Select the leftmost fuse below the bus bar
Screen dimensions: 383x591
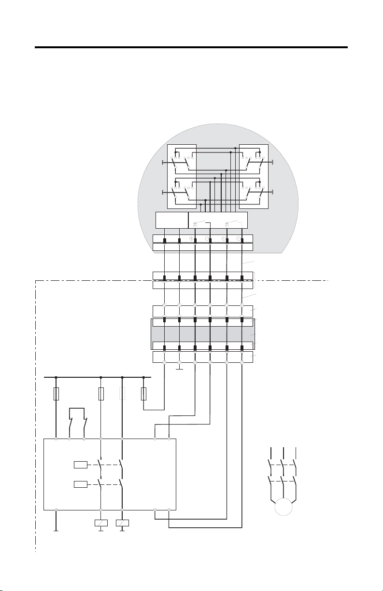(x=57, y=394)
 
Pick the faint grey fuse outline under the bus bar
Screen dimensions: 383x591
(x=122, y=394)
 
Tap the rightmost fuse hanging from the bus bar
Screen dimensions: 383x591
(x=144, y=394)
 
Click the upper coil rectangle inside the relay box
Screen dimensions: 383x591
(x=80, y=465)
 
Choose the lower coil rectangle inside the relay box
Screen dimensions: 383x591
(x=80, y=484)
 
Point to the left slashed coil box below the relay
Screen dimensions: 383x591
(x=100, y=523)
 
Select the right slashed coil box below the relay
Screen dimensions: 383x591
(x=122, y=523)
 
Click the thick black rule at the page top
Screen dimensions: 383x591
(x=191, y=47)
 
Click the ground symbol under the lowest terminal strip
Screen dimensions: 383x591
(x=179, y=369)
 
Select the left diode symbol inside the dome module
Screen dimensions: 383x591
(x=195, y=224)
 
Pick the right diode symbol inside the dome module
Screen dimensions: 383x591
(x=227, y=224)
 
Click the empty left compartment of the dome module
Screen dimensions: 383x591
(x=171, y=220)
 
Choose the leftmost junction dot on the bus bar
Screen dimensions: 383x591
(x=57, y=377)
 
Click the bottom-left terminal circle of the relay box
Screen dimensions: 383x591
(x=57, y=509)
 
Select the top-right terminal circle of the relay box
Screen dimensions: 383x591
(x=169, y=439)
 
